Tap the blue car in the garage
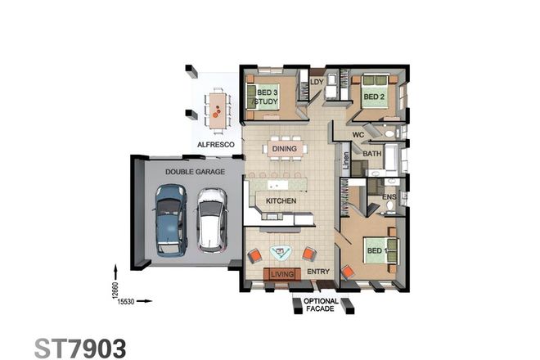pos(171,220)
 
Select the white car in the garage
pos(212,220)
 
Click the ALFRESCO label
pos(216,145)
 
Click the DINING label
pos(284,149)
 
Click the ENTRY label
pos(318,272)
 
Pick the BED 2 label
pos(374,97)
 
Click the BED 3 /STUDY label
pos(268,97)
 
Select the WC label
pos(358,134)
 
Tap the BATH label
pos(372,153)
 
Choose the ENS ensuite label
pos(389,197)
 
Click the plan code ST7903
pos(80,347)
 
